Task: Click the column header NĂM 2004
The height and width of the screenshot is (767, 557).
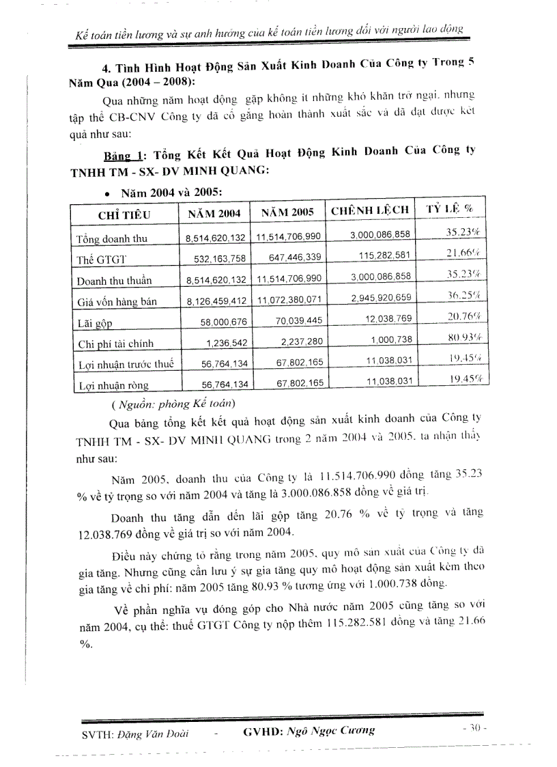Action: (214, 213)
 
